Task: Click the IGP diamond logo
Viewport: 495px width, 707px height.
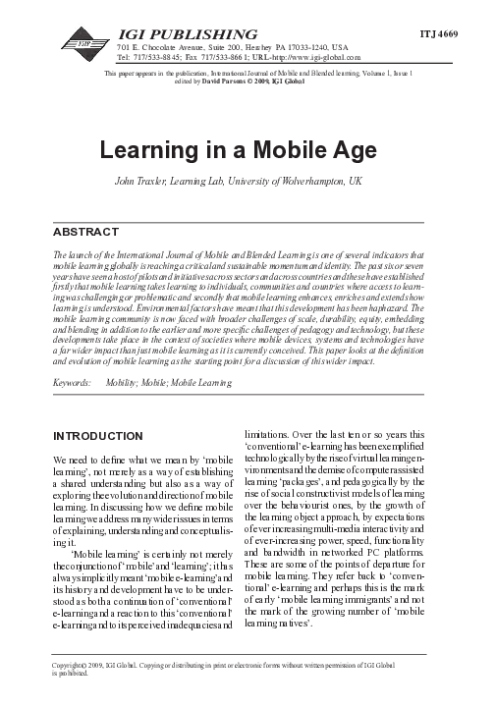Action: (81, 41)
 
